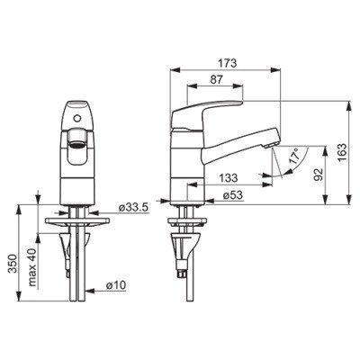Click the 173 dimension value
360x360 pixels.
click(x=228, y=63)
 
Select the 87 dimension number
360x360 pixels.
click(x=217, y=79)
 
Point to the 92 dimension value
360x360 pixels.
click(x=318, y=175)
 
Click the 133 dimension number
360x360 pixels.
click(x=229, y=178)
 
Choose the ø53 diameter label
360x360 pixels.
click(x=233, y=195)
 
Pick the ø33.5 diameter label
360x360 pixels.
click(x=133, y=208)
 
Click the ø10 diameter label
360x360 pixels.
click(x=116, y=285)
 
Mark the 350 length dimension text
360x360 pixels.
click(x=13, y=264)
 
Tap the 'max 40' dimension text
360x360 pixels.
click(x=32, y=267)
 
